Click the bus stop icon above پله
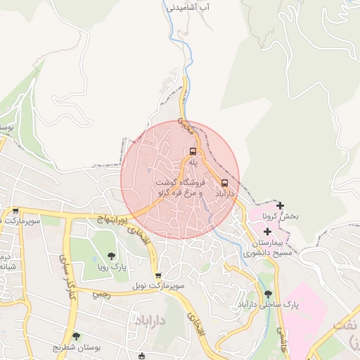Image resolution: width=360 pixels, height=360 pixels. click(x=193, y=151)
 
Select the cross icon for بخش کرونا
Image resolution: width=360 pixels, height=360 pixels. click(x=281, y=206)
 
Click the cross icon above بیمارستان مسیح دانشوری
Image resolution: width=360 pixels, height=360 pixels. click(x=267, y=231)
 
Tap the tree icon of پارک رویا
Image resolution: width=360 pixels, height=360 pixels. click(x=110, y=256)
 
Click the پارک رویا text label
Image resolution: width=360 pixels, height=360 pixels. click(x=110, y=267)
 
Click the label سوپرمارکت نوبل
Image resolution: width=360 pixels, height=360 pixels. click(x=157, y=286)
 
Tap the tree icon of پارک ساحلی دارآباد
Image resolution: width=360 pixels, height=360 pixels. click(x=267, y=294)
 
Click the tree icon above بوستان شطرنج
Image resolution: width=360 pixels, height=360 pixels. click(x=76, y=336)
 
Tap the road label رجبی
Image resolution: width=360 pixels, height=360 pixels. click(x=103, y=292)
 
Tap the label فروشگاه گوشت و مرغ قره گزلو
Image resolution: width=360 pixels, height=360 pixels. click(x=180, y=187)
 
